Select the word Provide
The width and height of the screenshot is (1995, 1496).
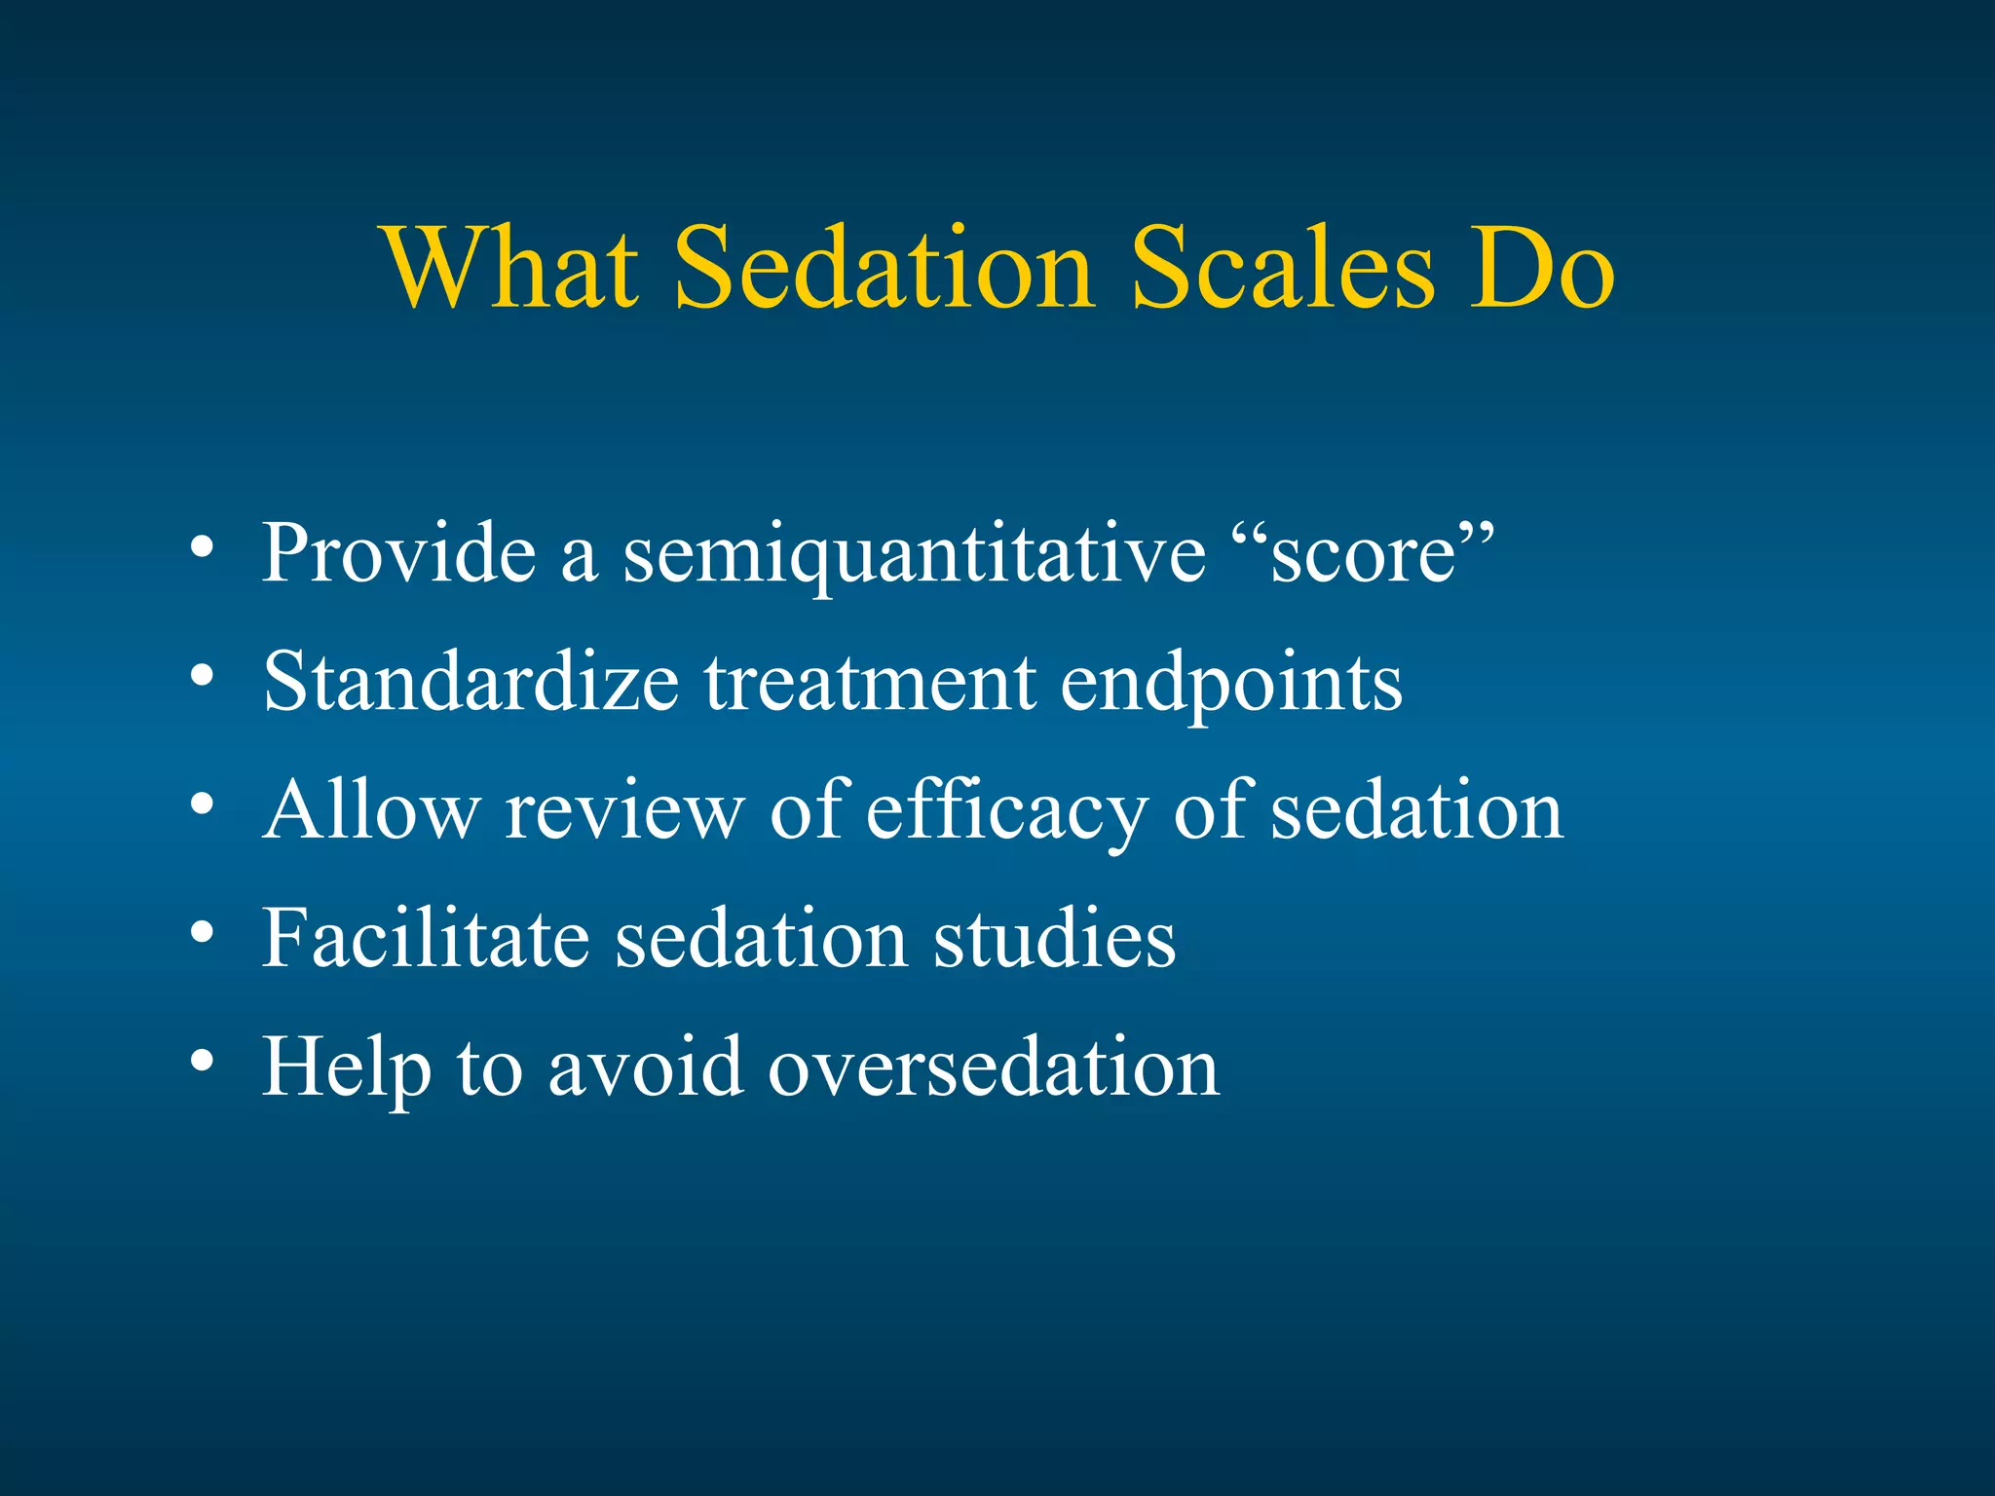pyautogui.click(x=399, y=553)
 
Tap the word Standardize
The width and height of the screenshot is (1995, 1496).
pyautogui.click(x=471, y=682)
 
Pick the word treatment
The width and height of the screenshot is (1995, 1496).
pyautogui.click(x=870, y=682)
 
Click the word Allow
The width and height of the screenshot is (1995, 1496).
pyautogui.click(x=371, y=810)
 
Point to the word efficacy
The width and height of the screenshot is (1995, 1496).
pyautogui.click(x=1006, y=812)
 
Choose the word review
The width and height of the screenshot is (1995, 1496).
pyautogui.click(x=623, y=810)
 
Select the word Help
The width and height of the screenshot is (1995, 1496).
pyautogui.click(x=346, y=1068)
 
